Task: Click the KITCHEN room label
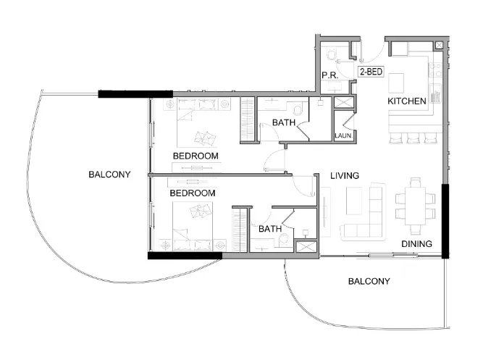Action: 406,101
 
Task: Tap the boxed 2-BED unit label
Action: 371,72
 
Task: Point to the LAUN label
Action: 343,135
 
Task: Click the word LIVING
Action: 345,176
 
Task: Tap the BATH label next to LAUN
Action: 283,123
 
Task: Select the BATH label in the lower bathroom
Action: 270,229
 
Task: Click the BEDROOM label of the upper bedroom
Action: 196,156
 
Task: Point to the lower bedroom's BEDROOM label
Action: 193,193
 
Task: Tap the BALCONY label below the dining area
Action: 369,281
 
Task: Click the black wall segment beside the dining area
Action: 446,221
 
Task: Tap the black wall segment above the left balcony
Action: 135,94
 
